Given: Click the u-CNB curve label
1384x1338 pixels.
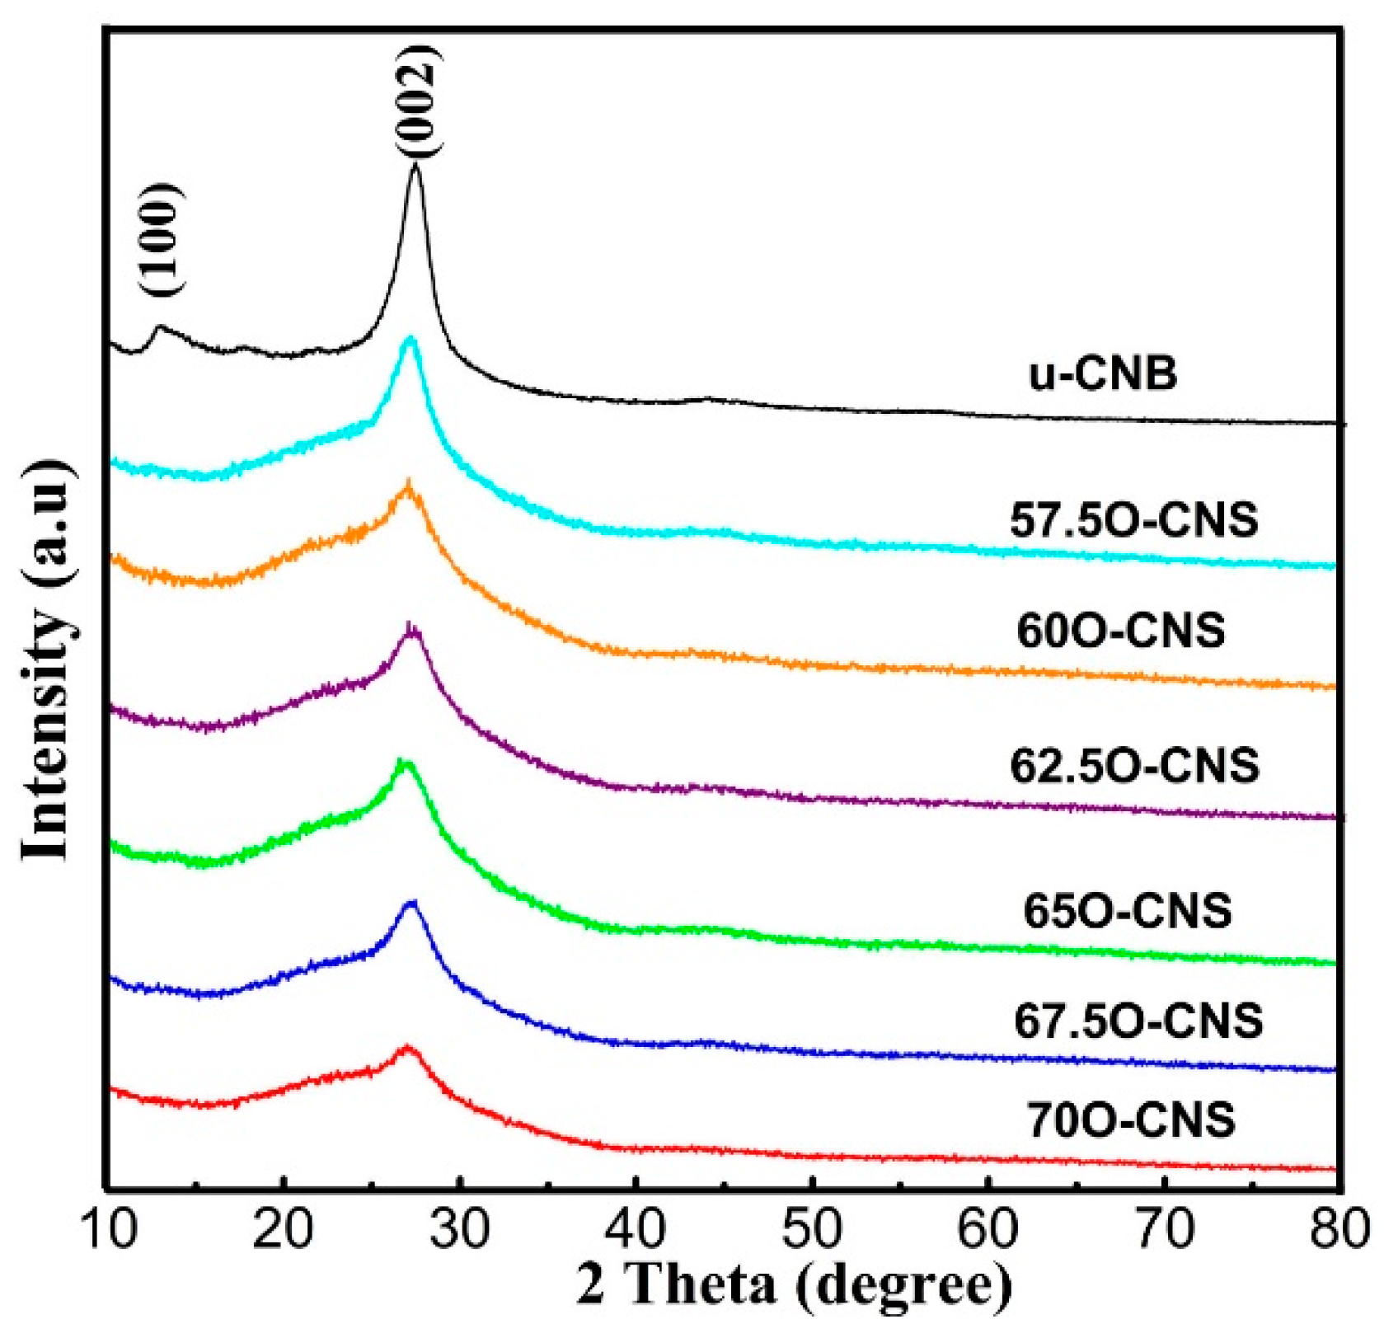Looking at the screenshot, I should [x=1103, y=374].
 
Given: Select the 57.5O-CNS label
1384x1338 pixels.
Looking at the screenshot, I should [x=1134, y=520].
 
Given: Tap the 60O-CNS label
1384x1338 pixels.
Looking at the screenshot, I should [x=1120, y=631].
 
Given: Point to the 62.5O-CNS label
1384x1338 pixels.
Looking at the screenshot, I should [x=1134, y=765].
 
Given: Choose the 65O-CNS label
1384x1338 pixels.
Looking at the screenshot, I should [x=1127, y=911].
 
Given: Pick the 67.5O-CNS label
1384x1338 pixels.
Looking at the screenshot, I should [x=1138, y=1021].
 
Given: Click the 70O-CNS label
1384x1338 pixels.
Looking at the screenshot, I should [x=1131, y=1120].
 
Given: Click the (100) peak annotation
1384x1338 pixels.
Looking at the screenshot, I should [x=159, y=239].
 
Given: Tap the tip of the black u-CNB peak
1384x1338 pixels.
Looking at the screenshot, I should [x=416, y=167].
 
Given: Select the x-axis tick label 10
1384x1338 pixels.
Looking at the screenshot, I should [x=109, y=1229].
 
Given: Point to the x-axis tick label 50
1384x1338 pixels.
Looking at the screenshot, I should [x=812, y=1229].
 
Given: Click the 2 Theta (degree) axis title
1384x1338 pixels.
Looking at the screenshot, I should [x=793, y=1285].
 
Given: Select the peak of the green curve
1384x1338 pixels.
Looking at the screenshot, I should [x=403, y=761].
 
